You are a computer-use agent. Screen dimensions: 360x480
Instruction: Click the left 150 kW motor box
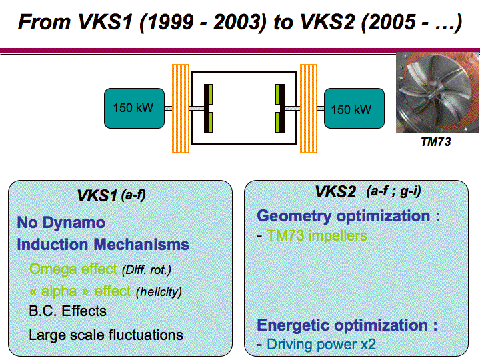coord(133,108)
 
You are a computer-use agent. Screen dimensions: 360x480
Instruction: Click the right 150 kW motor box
coord(353,108)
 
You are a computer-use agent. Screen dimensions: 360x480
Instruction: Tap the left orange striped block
coord(181,107)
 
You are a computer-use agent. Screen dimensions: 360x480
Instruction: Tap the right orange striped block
coord(308,107)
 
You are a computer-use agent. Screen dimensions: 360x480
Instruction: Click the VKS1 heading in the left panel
coord(97,195)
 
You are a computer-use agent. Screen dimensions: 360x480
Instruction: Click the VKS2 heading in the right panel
coord(335,193)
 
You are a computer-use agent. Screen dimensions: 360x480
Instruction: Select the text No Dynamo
coord(61,223)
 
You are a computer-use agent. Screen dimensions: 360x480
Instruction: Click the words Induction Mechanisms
coord(103,245)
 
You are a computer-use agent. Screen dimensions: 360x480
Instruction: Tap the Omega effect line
coord(73,269)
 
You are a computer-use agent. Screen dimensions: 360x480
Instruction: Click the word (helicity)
coord(159,291)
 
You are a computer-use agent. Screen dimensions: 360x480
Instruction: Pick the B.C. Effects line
coord(67,311)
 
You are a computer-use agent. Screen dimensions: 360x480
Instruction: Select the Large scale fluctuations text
coord(105,335)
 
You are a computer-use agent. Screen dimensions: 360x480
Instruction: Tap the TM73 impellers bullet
coord(317,235)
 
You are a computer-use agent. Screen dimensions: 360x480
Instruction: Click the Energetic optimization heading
coord(347,325)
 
